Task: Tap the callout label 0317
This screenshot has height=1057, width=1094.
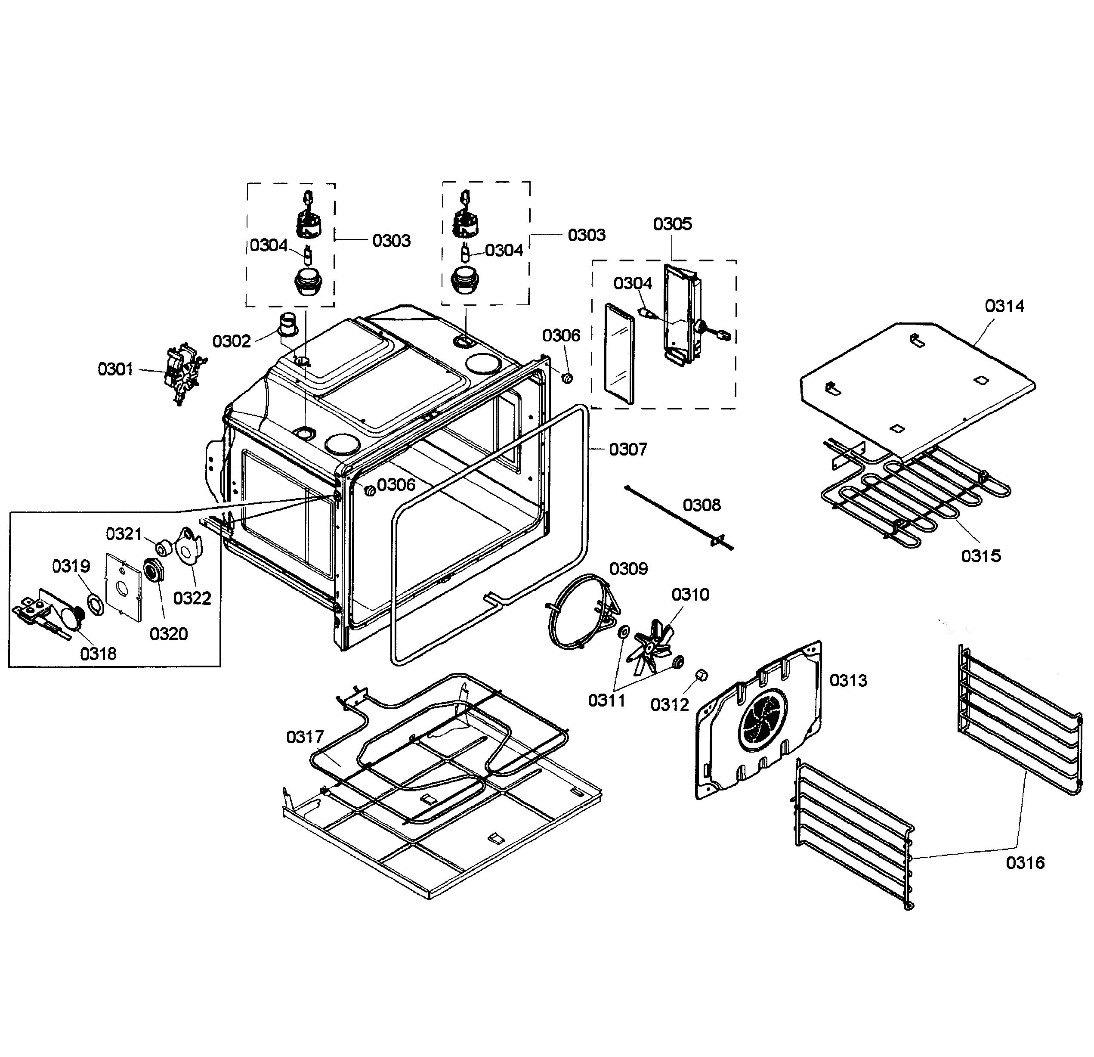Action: (305, 737)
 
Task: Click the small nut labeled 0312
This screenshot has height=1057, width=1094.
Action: (702, 675)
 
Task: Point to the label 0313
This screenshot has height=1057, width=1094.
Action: (848, 680)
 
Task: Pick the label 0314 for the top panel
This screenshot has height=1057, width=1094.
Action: (1004, 306)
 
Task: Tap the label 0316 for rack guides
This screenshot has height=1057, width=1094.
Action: (1025, 863)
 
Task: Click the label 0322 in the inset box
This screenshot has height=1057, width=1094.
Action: (192, 598)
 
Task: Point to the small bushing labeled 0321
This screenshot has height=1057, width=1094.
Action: (163, 548)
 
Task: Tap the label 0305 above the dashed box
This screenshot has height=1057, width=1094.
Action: (672, 224)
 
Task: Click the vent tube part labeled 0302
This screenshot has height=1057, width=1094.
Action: (289, 325)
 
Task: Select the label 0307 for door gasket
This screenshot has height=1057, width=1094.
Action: (628, 449)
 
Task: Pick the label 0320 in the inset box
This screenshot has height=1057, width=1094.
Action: (169, 634)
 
